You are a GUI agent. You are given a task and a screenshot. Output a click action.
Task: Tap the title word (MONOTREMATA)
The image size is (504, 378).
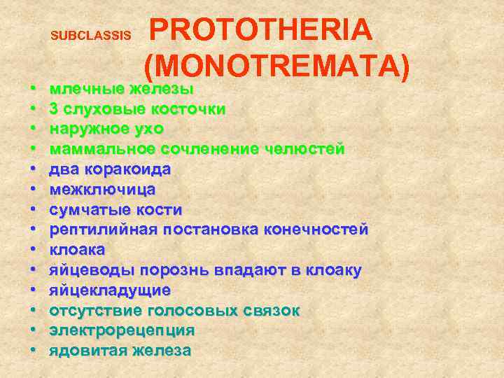[x=277, y=65]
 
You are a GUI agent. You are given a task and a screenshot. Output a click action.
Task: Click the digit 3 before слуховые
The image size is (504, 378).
[x=53, y=109]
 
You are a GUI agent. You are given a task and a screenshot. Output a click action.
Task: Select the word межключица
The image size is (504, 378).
[x=102, y=190]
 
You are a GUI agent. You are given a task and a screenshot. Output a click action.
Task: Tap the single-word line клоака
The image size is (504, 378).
[x=77, y=250]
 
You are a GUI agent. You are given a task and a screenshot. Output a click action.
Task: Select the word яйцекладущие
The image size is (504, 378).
[x=109, y=290]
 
